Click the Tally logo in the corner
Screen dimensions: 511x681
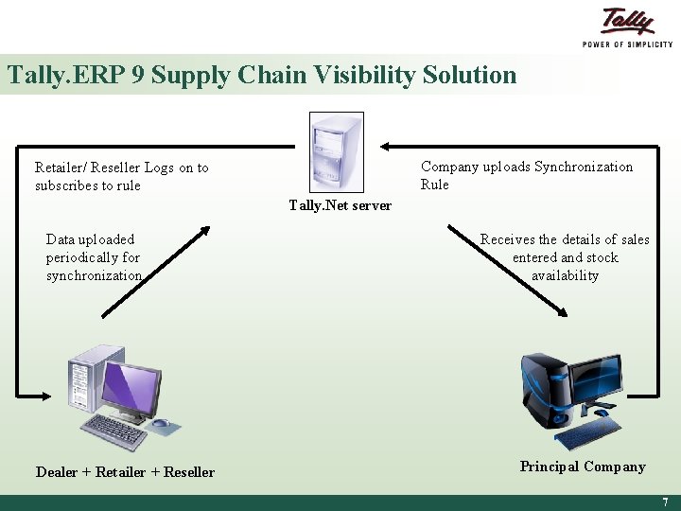628,23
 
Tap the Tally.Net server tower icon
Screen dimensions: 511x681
337,151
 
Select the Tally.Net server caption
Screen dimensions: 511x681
340,205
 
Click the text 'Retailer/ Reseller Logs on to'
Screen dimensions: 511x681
121,167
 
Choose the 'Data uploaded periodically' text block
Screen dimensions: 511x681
94,257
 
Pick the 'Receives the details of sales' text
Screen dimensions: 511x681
565,239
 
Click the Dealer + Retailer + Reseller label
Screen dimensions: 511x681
125,472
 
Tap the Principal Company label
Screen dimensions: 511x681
583,467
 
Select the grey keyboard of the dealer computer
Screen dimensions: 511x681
112,432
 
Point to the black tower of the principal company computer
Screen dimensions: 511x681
539,388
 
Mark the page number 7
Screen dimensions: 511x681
665,502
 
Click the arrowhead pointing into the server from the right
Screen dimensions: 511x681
385,147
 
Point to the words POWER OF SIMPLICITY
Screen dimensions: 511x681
627,44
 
